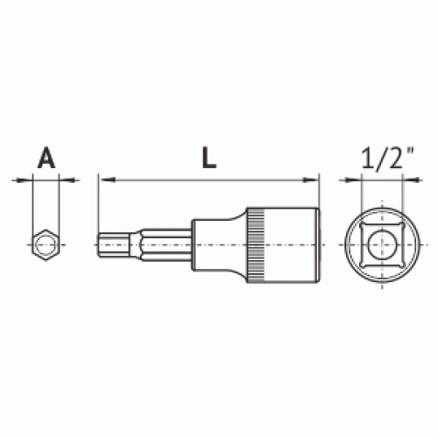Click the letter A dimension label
(x=46, y=158)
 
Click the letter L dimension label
(x=209, y=158)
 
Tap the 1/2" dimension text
(x=388, y=158)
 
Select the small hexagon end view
(x=46, y=244)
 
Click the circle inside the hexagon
(x=46, y=244)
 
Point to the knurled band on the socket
(x=256, y=244)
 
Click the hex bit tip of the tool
(x=117, y=244)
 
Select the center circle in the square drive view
(x=382, y=244)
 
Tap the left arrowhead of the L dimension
(x=107, y=180)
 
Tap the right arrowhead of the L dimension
(x=310, y=180)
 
